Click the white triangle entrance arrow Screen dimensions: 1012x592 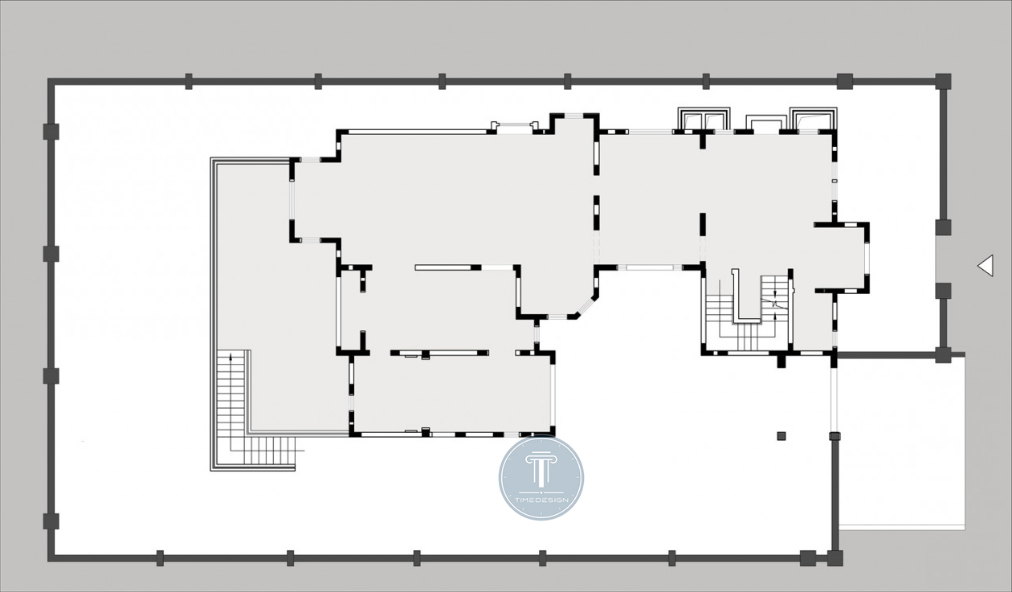[x=987, y=266]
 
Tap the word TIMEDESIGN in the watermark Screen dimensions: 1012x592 [x=541, y=500]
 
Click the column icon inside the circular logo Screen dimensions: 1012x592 [x=541, y=471]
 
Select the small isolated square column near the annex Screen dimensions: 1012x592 [x=781, y=436]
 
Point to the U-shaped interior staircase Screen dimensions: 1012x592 [x=747, y=312]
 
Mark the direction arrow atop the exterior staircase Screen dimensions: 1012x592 [x=231, y=357]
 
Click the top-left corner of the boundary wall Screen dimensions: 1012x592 [x=51, y=81]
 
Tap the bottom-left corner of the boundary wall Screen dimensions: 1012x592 [x=51, y=558]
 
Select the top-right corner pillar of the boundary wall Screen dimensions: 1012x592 [x=943, y=81]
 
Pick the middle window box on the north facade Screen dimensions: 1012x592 [x=764, y=122]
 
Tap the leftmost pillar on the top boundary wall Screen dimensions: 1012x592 [x=189, y=81]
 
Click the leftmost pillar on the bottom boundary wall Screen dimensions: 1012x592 [x=160, y=558]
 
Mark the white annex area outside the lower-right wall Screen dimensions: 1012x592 [x=901, y=442]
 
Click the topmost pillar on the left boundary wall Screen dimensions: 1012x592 [x=51, y=132]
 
